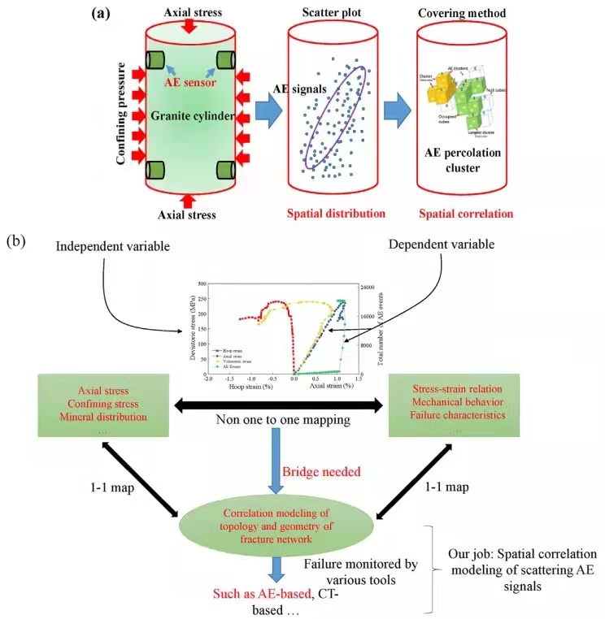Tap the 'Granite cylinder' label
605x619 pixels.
(189, 116)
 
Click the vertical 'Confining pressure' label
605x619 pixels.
(121, 115)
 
